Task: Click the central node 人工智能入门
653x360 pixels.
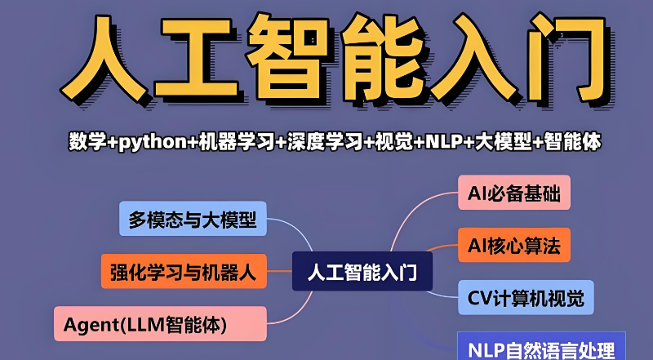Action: coord(362,272)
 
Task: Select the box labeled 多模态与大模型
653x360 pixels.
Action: coord(193,219)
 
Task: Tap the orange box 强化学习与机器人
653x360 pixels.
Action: coord(183,272)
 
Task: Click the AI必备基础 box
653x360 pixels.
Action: coord(513,193)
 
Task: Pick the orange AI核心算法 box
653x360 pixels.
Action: coord(513,246)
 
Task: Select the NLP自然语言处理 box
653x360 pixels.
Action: coord(540,348)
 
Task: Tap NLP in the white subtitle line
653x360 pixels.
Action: coord(442,141)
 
